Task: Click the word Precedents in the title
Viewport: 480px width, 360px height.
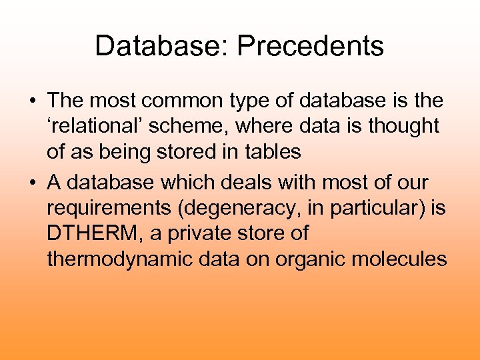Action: [311, 47]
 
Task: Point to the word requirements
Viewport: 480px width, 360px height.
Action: [103, 207]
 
